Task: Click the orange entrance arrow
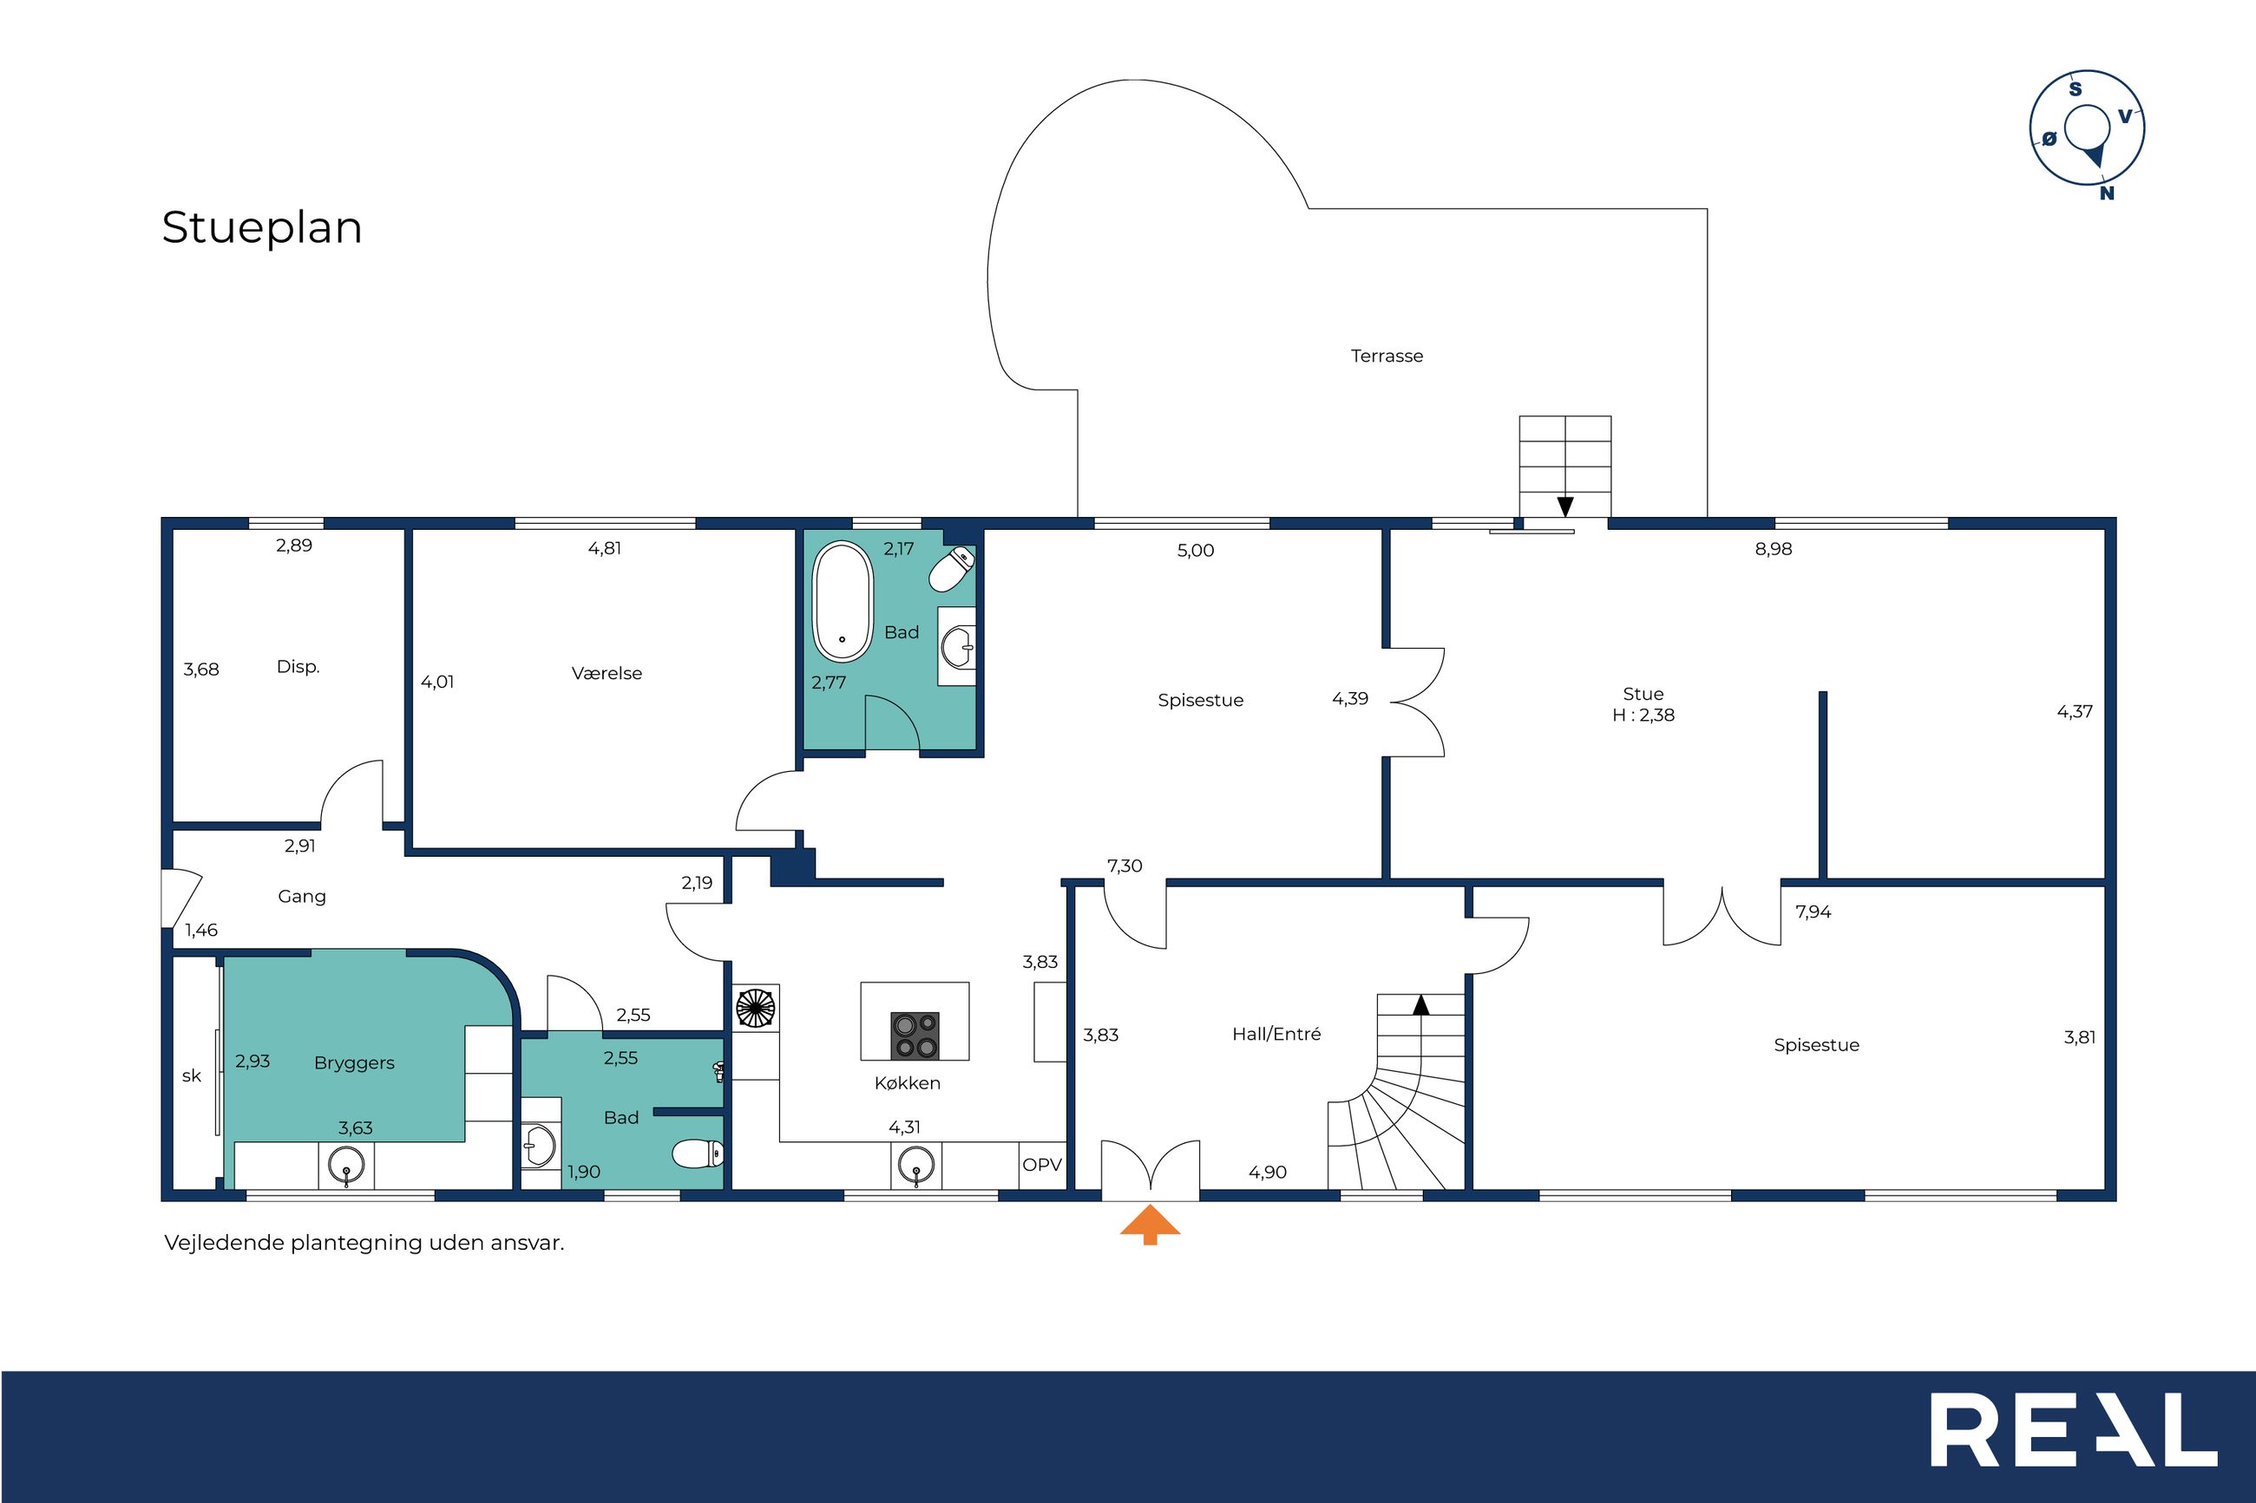pyautogui.click(x=1150, y=1225)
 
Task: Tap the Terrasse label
pyautogui.click(x=1387, y=356)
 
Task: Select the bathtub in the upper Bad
pyautogui.click(x=843, y=602)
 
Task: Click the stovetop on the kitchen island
pyautogui.click(x=915, y=1036)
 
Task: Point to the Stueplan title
pyautogui.click(x=262, y=228)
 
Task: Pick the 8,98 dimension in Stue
pyautogui.click(x=1773, y=549)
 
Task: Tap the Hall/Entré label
pyautogui.click(x=1276, y=1033)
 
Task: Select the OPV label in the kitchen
pyautogui.click(x=1041, y=1165)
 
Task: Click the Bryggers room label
pyautogui.click(x=354, y=1063)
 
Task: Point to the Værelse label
pyautogui.click(x=607, y=673)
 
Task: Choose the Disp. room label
pyautogui.click(x=298, y=666)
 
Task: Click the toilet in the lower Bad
pyautogui.click(x=698, y=1153)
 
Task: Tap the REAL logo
pyautogui.click(x=2074, y=1429)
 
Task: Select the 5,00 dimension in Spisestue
pyautogui.click(x=1196, y=550)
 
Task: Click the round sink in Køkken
pyautogui.click(x=915, y=1166)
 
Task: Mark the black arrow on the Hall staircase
pyautogui.click(x=1421, y=1004)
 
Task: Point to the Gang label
pyautogui.click(x=302, y=896)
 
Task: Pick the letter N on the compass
pyautogui.click(x=2107, y=193)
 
